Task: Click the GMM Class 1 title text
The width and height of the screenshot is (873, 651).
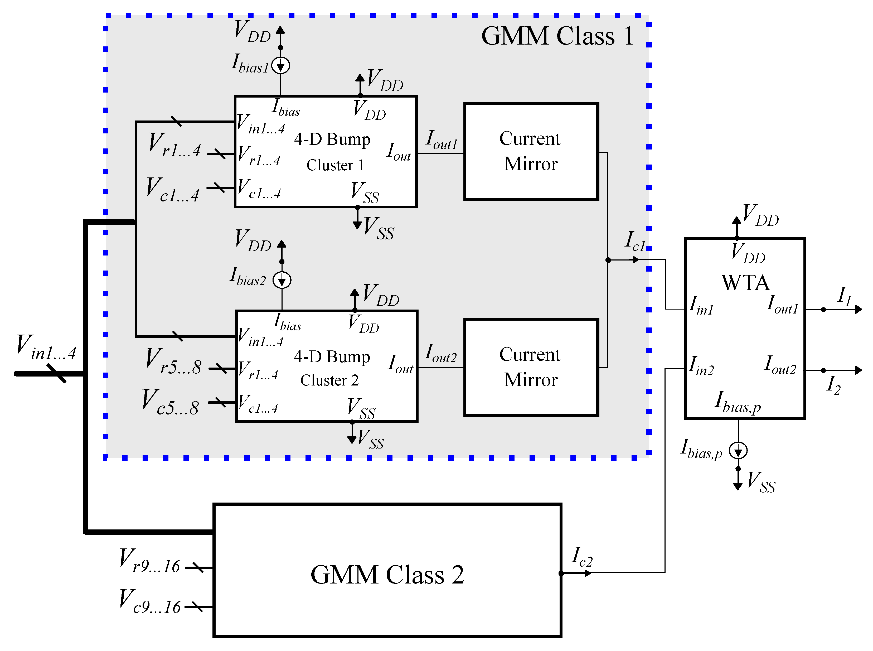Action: pos(557,36)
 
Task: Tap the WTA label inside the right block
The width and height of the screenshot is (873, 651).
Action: pos(745,283)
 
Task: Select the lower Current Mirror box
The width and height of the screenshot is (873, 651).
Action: pos(531,367)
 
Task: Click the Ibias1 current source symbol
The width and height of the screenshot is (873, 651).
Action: pos(280,65)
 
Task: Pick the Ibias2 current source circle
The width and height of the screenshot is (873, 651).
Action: pos(282,281)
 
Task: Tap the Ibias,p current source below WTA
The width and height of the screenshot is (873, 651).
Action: pos(738,450)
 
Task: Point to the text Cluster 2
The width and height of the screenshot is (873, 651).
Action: pos(329,380)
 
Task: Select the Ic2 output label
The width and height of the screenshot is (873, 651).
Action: pos(581,556)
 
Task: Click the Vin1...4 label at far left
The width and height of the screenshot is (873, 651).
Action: pos(46,347)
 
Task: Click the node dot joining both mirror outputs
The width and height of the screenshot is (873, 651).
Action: pos(608,260)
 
